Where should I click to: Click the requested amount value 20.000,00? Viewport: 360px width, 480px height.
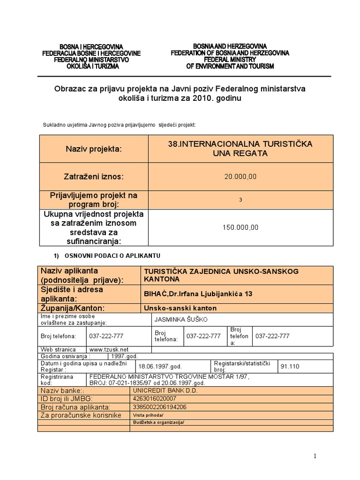click(x=240, y=176)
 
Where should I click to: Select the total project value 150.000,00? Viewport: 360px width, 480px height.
click(x=240, y=227)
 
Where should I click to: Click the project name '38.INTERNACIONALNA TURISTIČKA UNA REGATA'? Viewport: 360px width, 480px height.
click(x=240, y=148)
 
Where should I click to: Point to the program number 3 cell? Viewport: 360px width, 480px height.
click(x=240, y=200)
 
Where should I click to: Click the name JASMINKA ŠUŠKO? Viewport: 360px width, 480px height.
click(x=180, y=319)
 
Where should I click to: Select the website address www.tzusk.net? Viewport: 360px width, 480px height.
click(x=109, y=349)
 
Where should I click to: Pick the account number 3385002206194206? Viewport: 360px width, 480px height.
click(x=160, y=406)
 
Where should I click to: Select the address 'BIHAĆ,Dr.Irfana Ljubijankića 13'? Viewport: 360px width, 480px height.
click(x=197, y=293)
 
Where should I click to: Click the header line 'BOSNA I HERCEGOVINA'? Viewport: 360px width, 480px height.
click(x=90, y=47)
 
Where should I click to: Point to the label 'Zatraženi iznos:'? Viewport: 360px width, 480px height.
click(x=93, y=176)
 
